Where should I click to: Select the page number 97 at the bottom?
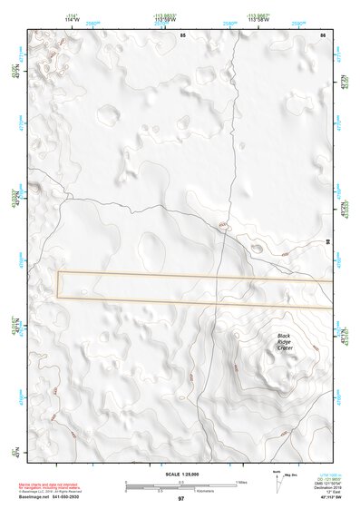(180, 499)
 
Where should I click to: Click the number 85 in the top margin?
(182, 34)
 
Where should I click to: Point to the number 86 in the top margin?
(323, 34)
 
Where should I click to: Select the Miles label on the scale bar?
(240, 483)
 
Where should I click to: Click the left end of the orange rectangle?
(58, 284)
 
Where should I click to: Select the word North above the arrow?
(276, 474)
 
